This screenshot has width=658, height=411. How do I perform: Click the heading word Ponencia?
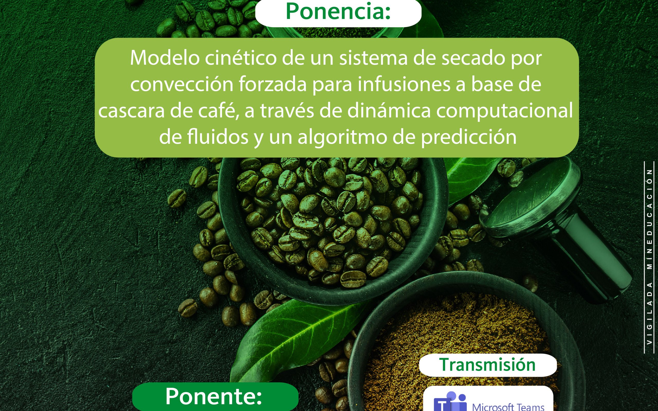pyautogui.click(x=338, y=11)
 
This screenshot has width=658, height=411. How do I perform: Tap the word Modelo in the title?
pyautogui.click(x=165, y=58)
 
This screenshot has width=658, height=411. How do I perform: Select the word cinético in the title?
pyautogui.click(x=241, y=58)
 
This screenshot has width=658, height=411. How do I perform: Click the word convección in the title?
pyautogui.click(x=182, y=84)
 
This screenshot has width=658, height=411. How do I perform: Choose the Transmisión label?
pyautogui.click(x=487, y=365)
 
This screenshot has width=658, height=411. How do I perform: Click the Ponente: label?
pyautogui.click(x=214, y=396)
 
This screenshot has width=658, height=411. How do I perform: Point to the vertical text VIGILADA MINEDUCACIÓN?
pyautogui.click(x=650, y=257)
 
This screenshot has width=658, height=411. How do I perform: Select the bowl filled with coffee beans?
pyautogui.click(x=333, y=228)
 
